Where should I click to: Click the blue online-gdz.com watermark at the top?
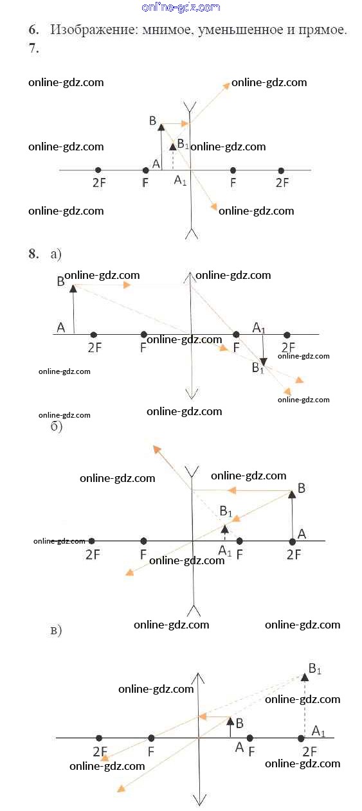click(181, 7)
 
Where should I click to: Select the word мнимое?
click(167, 30)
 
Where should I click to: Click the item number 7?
click(33, 48)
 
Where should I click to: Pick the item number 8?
click(33, 253)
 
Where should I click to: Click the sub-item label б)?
click(56, 426)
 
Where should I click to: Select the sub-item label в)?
click(56, 630)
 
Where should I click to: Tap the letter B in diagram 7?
click(152, 120)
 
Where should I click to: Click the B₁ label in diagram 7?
click(183, 144)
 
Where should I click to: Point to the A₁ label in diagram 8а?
click(258, 328)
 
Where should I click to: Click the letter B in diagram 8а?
click(61, 281)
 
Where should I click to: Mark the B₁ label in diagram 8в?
click(314, 668)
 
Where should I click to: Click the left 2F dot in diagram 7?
click(98, 170)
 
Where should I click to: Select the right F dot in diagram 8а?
click(236, 334)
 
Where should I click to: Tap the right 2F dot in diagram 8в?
click(301, 738)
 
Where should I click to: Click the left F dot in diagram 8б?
click(143, 541)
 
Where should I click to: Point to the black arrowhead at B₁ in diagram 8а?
click(264, 362)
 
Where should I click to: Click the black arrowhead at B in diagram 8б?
click(292, 494)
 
